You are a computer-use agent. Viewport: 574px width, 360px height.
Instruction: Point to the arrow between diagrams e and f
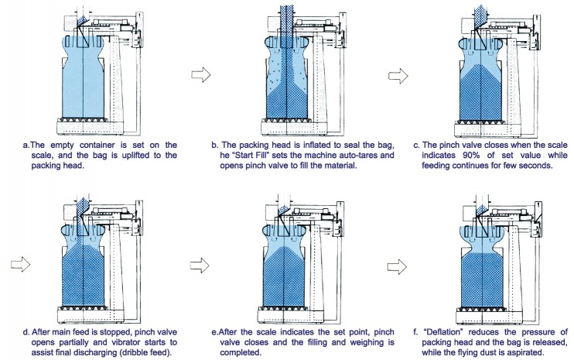coord(398,265)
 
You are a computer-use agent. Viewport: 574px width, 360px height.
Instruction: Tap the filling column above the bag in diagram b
coord(285,19)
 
